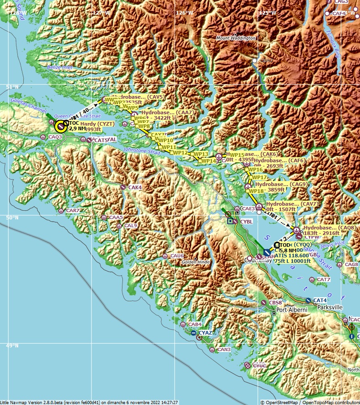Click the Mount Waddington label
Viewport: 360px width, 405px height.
coord(236,38)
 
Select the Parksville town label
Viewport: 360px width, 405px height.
coord(328,308)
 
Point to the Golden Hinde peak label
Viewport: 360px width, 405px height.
coord(196,262)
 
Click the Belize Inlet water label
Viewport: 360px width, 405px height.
coord(59,68)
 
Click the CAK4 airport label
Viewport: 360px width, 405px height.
coord(135,187)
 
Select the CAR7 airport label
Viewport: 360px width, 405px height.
coord(73,211)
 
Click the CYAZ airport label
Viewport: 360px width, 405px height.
coord(205,333)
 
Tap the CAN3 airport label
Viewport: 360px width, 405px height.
coord(224,350)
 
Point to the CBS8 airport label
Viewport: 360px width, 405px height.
coord(275,303)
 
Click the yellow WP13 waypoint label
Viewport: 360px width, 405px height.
coord(201,155)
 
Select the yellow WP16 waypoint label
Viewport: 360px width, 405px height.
coord(255,170)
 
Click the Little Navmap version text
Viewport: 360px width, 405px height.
coord(89,402)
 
